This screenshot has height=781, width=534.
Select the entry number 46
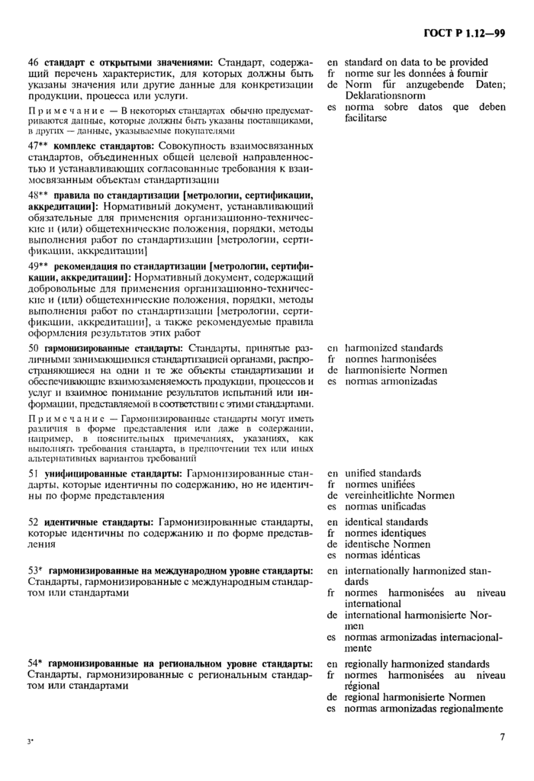pos(33,63)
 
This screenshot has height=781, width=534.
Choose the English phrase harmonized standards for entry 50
pos(395,348)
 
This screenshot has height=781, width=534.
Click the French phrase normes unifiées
pos(380,484)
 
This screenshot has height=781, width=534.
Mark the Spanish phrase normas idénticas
pos(382,555)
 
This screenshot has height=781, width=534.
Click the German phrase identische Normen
pos(387,545)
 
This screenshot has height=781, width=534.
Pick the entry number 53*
pos(35,571)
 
